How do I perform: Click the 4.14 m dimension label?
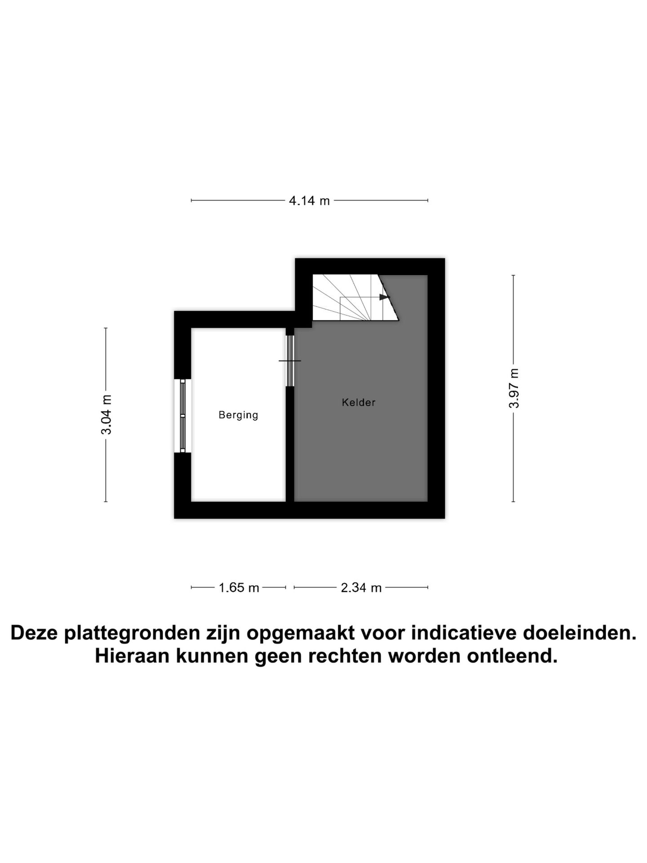coord(309,200)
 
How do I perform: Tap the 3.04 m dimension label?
coord(106,414)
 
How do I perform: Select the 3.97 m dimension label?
coord(514,388)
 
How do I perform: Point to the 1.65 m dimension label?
coord(239,587)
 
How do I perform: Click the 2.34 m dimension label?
coord(361,587)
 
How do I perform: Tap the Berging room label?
coord(238,415)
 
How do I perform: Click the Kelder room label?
coord(358,402)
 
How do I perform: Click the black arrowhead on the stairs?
coord(384,297)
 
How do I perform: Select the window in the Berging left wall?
coord(182,416)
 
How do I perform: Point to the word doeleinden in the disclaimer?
coord(579,633)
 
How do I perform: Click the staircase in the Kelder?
coord(350,298)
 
